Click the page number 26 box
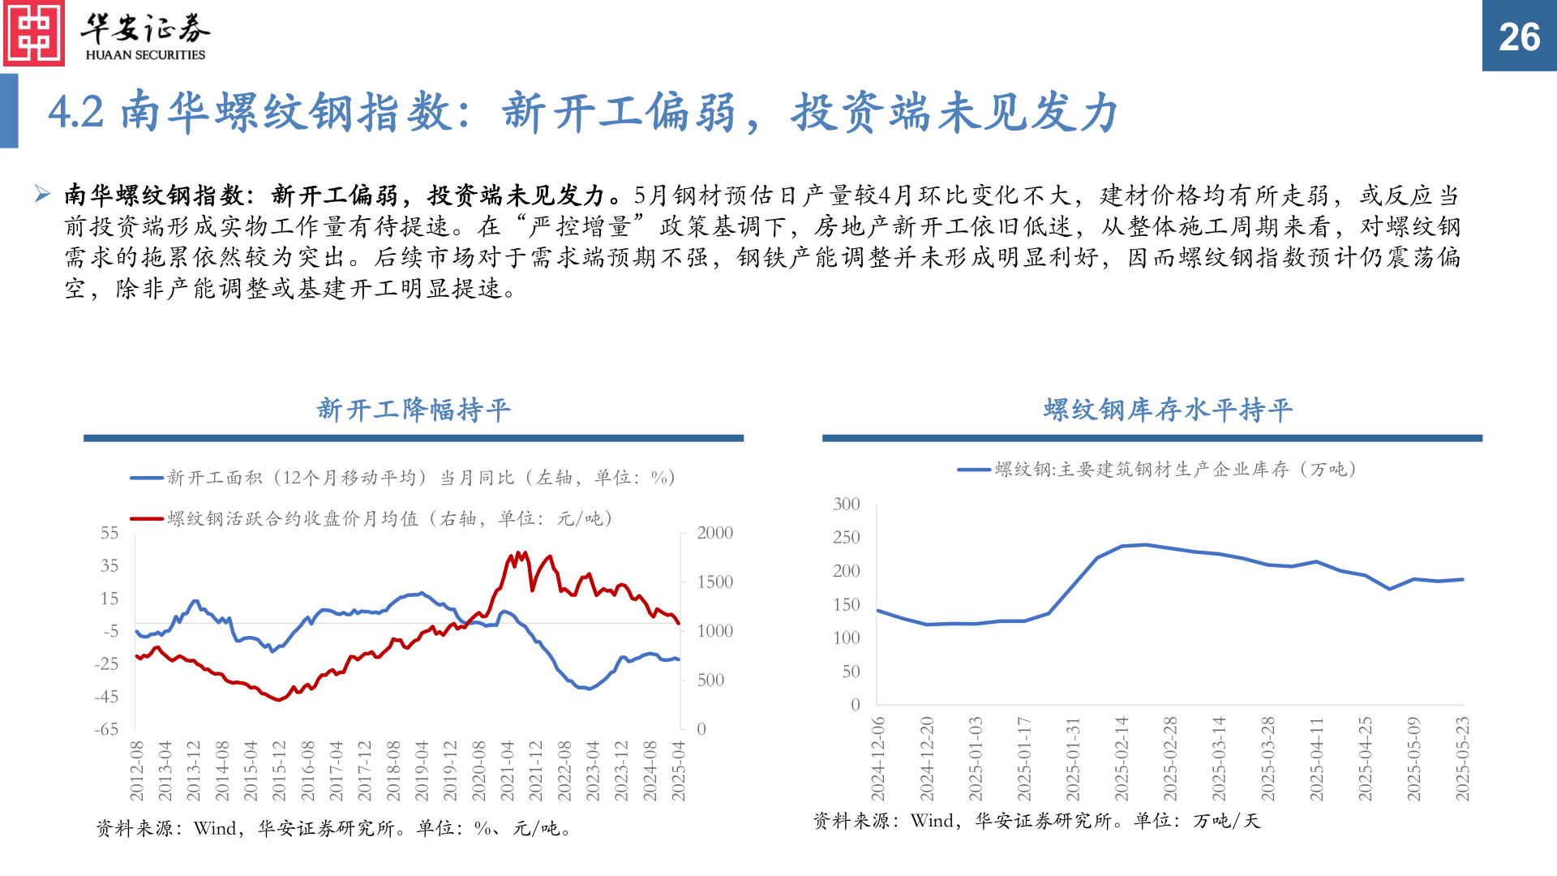coord(1519,36)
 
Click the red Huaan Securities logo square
coord(34,33)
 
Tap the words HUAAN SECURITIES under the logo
coord(145,55)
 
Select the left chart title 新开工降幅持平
coord(414,410)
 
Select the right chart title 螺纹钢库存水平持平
coord(1168,410)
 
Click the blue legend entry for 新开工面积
coord(403,478)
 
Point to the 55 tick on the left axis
coord(109,533)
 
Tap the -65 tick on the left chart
coord(106,729)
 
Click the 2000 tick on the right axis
coord(714,533)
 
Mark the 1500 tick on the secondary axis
coord(714,582)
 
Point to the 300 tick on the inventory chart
coord(846,504)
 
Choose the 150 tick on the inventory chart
coord(846,604)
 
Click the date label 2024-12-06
coord(878,758)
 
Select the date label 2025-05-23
coord(1462,758)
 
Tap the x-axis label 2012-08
coord(136,771)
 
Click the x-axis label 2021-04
coord(507,771)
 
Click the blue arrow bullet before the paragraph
coord(42,194)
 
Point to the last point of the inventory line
coord(1462,579)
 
